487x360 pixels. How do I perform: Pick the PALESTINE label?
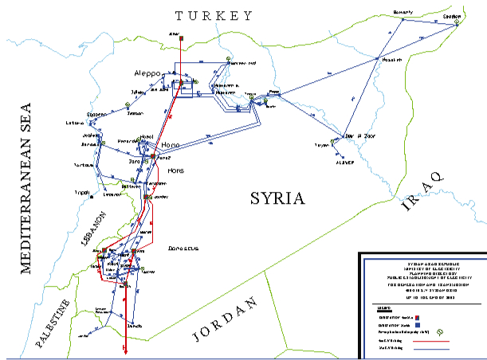point(54,326)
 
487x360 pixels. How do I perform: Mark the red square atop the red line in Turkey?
point(182,37)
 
